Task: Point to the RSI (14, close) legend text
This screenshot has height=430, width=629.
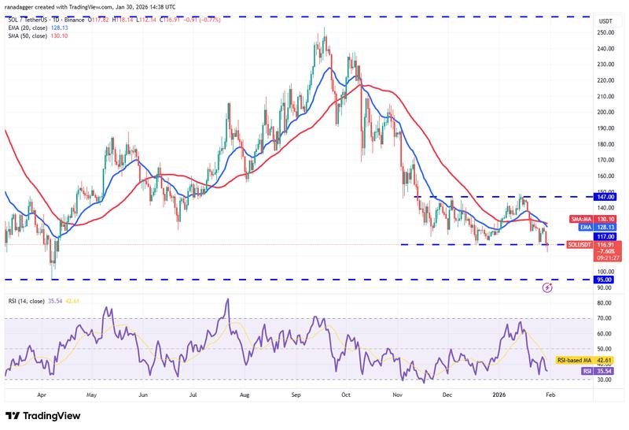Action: (30, 300)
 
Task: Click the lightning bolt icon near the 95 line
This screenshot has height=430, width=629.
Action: (547, 288)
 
